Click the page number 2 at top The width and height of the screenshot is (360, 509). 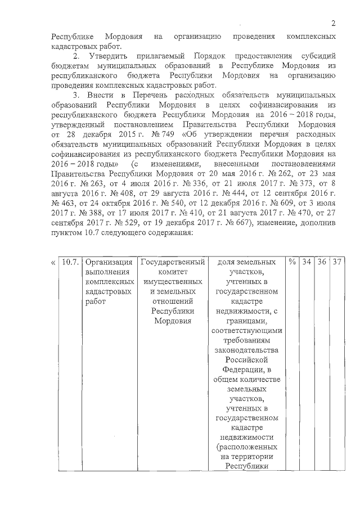pyautogui.click(x=333, y=23)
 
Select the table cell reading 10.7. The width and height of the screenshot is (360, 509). pyautogui.click(x=70, y=262)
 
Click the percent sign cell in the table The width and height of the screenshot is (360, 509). pyautogui.click(x=291, y=262)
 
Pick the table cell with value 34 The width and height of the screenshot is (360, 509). pyautogui.click(x=306, y=262)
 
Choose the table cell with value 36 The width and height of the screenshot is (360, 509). pyautogui.click(x=322, y=262)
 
